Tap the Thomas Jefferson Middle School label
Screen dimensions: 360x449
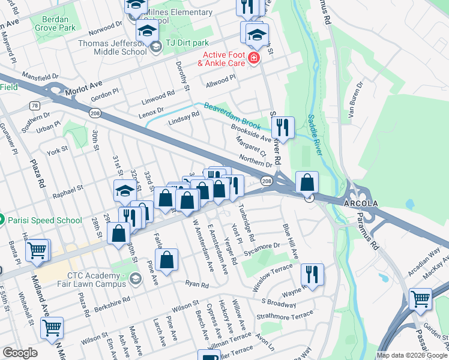pos(112,47)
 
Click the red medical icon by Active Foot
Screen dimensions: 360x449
pos(254,58)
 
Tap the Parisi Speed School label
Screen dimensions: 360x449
pos(45,220)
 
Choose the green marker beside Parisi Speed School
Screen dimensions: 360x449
pos(2,220)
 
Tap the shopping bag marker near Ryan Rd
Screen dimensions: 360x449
pos(167,260)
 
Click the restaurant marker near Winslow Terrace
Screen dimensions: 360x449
pos(312,275)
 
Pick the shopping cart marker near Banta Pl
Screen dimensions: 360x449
pos(38,251)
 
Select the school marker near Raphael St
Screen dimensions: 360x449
pos(125,191)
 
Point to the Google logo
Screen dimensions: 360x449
pos(20,353)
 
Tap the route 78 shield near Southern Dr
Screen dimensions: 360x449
pos(35,106)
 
